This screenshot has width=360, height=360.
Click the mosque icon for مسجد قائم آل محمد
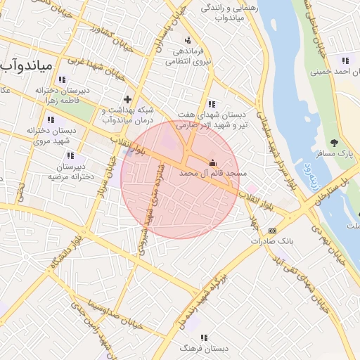[x=213, y=162]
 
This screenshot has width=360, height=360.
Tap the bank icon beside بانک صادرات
[x=273, y=231]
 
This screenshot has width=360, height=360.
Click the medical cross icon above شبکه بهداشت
[x=127, y=99]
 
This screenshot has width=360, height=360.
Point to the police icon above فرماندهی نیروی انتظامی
[x=187, y=41]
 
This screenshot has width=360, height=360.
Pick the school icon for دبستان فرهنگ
[x=205, y=338]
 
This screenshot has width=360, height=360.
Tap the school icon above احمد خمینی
[x=345, y=60]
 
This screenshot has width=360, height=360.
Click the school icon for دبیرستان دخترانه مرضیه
[x=70, y=155]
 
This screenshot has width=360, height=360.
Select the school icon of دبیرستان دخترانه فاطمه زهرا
[x=63, y=80]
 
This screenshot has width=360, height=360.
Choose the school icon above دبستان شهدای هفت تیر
[x=212, y=104]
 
